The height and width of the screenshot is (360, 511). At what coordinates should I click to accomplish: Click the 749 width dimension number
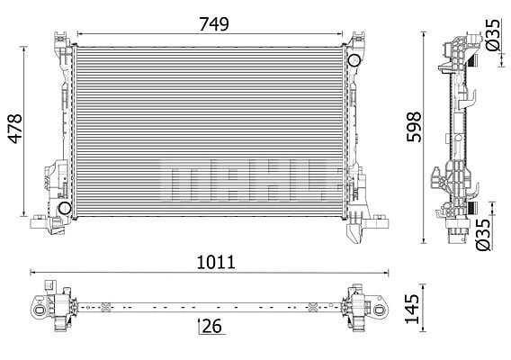(214, 24)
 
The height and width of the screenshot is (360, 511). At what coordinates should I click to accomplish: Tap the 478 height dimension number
(15, 129)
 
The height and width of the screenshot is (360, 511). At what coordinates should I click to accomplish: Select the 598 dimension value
(414, 127)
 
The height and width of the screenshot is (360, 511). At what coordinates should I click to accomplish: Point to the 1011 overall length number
(216, 262)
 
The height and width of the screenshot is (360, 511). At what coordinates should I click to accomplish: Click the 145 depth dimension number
(412, 309)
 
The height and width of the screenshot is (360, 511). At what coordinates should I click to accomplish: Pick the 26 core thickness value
(211, 326)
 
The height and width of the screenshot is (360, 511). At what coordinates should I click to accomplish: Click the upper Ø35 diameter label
(492, 35)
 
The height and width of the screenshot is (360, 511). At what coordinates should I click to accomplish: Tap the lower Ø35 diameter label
(483, 235)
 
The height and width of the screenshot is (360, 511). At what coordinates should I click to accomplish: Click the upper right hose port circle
(354, 60)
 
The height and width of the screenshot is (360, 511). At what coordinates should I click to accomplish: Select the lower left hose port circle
(65, 208)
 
